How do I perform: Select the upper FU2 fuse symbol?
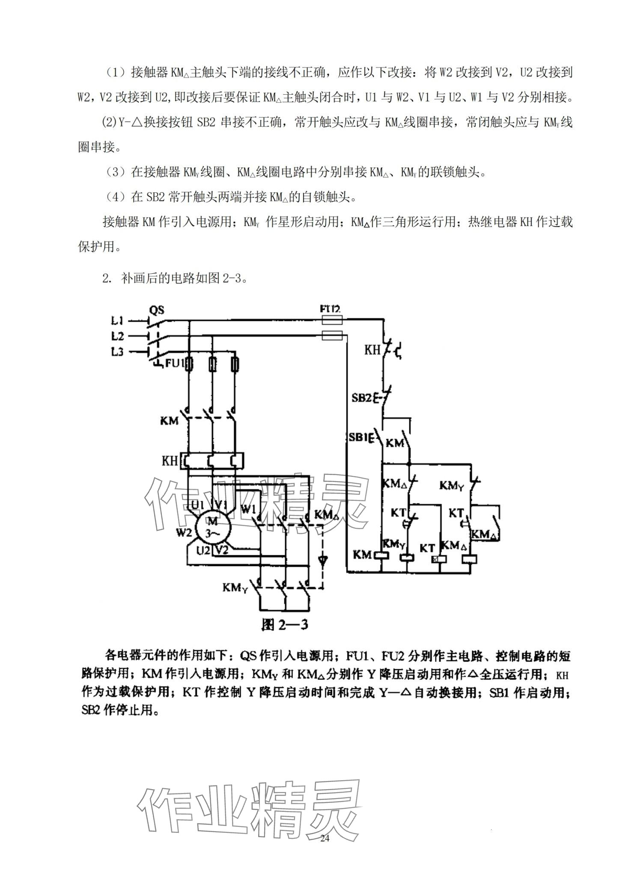[x=331, y=320]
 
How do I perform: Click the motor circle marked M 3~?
[x=212, y=527]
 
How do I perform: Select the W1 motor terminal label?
[x=249, y=509]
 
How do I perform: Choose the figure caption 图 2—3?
[x=285, y=626]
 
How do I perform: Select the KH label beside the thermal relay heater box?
[x=170, y=461]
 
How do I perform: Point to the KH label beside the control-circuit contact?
[x=372, y=350]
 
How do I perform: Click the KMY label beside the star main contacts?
[x=235, y=587]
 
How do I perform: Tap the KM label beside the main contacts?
[x=169, y=421]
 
